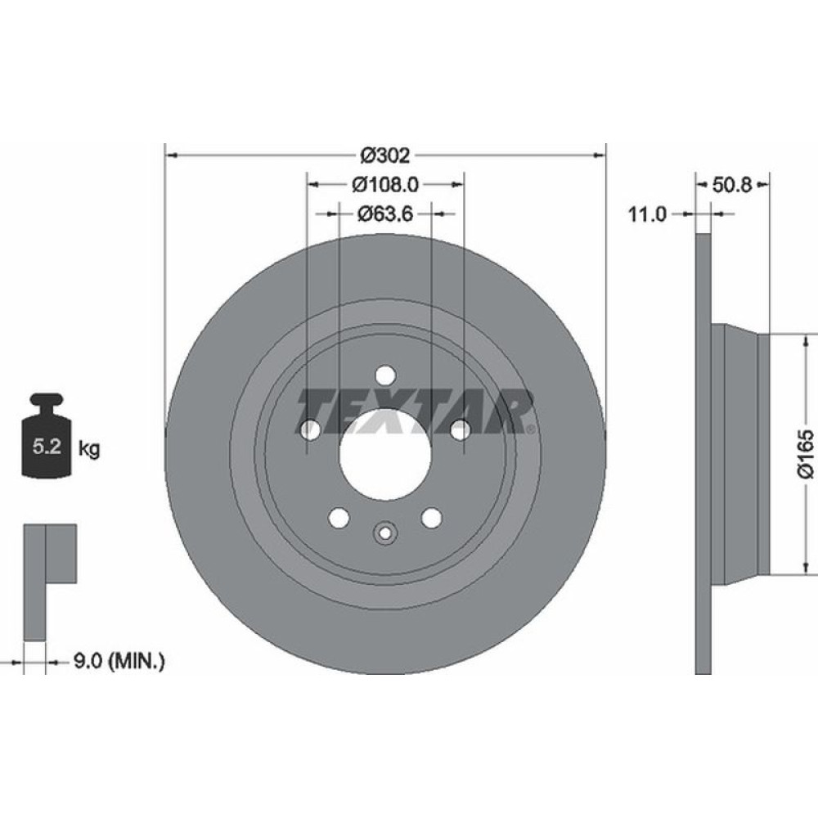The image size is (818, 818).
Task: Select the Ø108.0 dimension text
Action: click(x=384, y=185)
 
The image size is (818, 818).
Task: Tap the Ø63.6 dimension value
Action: click(x=384, y=213)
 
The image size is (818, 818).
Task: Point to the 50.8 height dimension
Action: click(x=731, y=185)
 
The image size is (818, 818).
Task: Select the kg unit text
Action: click(x=90, y=448)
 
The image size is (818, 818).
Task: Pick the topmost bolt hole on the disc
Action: click(x=384, y=375)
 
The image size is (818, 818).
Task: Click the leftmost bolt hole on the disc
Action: click(x=310, y=429)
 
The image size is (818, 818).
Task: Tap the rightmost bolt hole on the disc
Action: click(x=460, y=429)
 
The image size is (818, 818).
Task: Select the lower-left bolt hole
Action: click(x=338, y=517)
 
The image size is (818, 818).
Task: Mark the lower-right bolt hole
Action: click(x=431, y=517)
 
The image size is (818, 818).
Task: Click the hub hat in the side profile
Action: click(x=740, y=454)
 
